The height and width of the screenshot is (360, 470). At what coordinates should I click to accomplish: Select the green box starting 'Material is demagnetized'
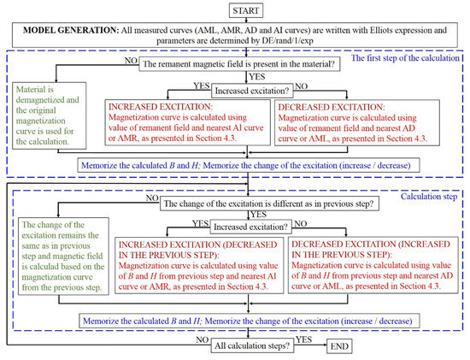[x=50, y=119]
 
